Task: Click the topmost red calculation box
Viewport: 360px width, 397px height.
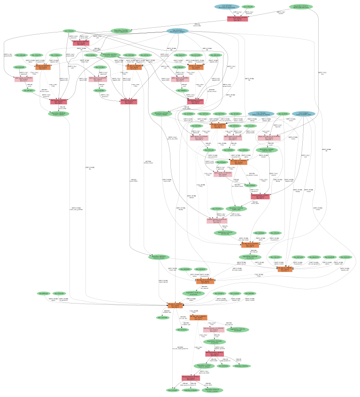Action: pos(237,19)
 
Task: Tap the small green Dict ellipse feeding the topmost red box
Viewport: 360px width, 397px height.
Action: pos(250,7)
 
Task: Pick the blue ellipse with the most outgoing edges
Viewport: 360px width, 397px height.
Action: pos(177,31)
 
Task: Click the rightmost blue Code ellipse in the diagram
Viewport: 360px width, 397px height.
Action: pos(304,114)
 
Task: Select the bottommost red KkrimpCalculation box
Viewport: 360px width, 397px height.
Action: pos(191,378)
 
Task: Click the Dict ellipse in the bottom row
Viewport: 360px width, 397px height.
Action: pos(172,390)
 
